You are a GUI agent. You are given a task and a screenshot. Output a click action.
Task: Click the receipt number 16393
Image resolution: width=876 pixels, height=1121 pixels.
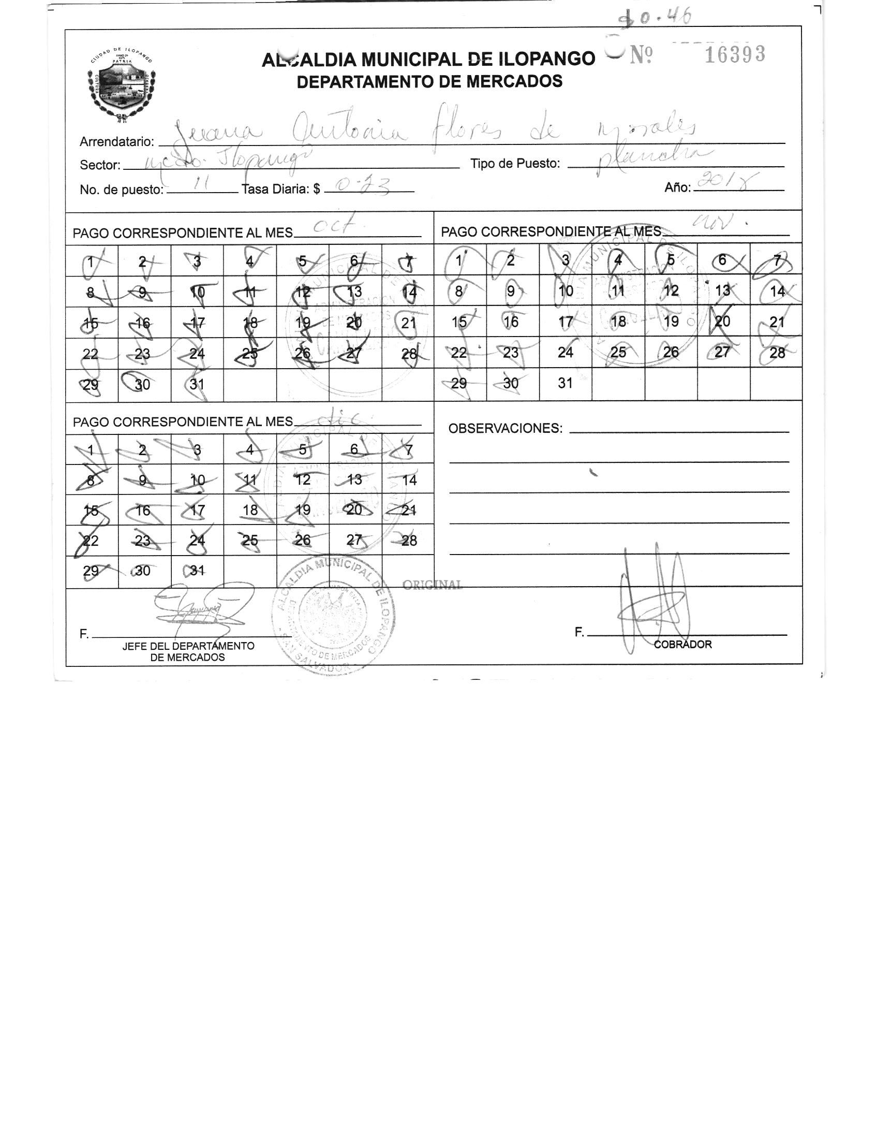click(735, 54)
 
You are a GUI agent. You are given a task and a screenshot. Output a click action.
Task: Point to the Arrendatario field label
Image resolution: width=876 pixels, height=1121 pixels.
click(116, 141)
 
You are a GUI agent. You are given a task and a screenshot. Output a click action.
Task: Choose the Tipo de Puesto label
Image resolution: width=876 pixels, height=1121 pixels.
click(515, 164)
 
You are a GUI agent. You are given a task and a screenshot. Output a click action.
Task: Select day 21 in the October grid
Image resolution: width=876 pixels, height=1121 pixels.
click(409, 323)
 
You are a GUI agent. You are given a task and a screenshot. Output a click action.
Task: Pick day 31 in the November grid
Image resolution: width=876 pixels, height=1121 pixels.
click(565, 383)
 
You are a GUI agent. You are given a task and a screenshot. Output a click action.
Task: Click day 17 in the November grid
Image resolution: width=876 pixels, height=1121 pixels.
click(565, 322)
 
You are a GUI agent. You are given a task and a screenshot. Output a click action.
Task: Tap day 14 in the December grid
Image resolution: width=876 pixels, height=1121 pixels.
click(409, 480)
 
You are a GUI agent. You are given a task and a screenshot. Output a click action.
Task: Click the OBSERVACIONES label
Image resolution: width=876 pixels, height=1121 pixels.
click(505, 429)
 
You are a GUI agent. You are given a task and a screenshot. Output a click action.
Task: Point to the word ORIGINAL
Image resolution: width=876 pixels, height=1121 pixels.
click(432, 585)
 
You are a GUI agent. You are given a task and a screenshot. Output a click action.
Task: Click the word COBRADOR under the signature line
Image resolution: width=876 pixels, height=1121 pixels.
click(683, 645)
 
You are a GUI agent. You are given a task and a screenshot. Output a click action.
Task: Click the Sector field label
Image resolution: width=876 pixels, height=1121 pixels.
click(100, 165)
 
